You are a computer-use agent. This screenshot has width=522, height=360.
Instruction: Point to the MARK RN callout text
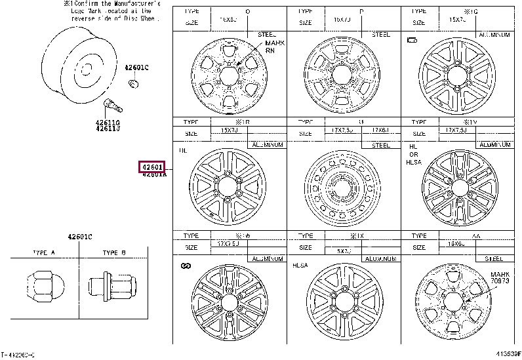click(x=270, y=46)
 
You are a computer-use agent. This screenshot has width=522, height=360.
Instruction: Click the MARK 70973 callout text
click(x=500, y=277)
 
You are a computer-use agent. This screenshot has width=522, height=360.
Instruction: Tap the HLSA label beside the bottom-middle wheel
click(x=300, y=265)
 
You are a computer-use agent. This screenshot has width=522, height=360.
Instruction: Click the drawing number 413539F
click(x=507, y=355)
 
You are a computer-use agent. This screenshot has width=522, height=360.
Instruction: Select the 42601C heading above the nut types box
click(x=79, y=236)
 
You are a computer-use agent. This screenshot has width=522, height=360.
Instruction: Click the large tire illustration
click(x=72, y=62)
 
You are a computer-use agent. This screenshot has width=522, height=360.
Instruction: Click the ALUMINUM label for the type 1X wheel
click(x=380, y=259)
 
